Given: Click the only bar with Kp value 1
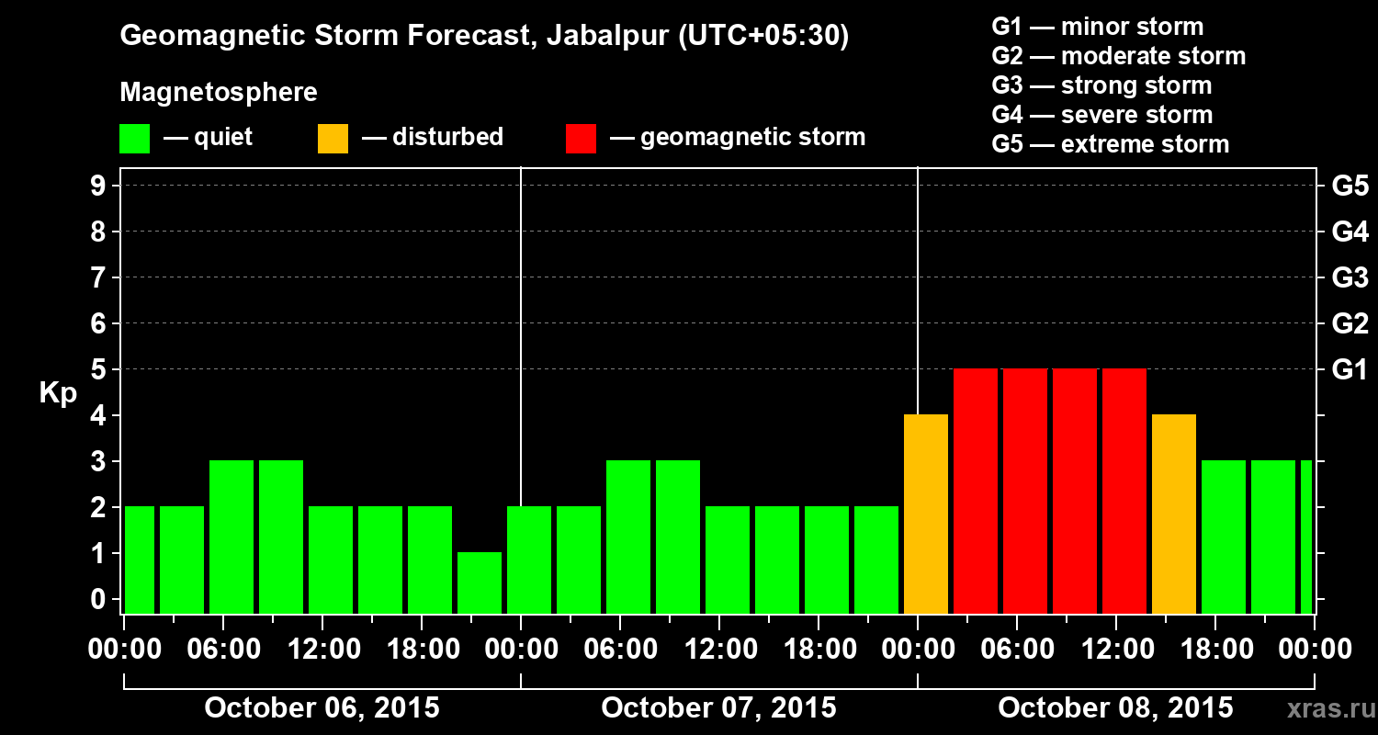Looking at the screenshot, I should pos(480,582).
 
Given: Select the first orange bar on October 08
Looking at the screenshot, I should pos(926,514).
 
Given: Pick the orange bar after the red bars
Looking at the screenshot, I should pos(1174,514).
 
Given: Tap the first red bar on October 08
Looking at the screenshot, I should pos(976,491).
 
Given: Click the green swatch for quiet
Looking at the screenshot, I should pos(134,139).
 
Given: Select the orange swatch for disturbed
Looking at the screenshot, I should pos(333,139).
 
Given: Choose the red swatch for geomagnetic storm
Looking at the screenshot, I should pos(581,139).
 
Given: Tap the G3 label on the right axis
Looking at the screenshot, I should pos(1350,278).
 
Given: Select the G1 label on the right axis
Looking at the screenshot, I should pos(1350,370).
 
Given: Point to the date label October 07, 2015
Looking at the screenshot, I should pos(718,708).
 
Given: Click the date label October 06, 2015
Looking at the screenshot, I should pos(322,708).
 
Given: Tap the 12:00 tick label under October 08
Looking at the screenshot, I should pos(1114,650).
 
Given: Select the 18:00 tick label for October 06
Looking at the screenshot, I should pos(422,650).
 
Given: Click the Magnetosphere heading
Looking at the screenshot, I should pos(219,93).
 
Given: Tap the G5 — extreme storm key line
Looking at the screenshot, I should pos(1110,144).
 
